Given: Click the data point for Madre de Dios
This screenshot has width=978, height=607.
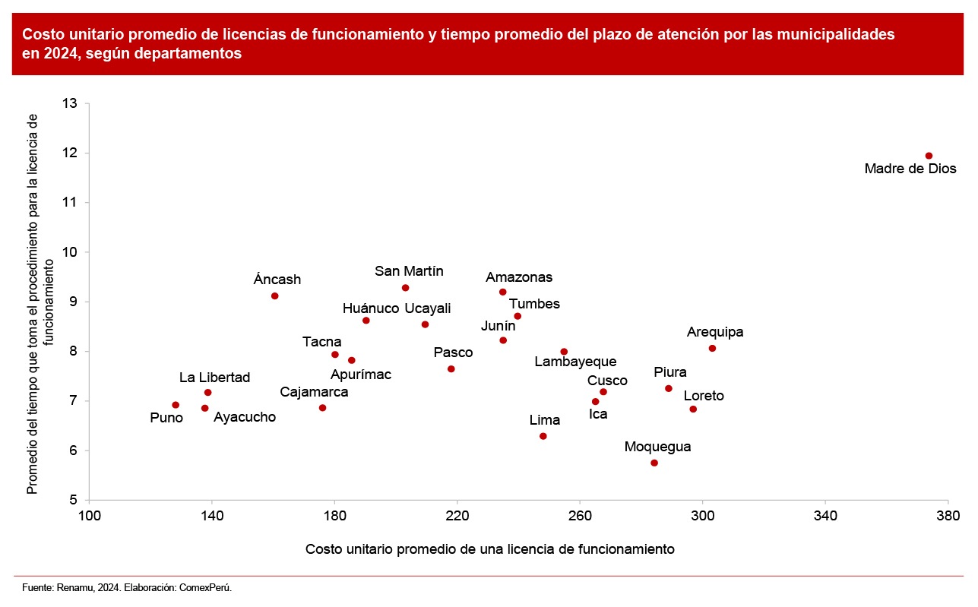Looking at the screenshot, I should click(x=929, y=156).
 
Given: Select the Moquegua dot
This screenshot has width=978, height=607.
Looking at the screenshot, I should click(x=654, y=463).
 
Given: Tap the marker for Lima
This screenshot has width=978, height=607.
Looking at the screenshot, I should click(x=543, y=436).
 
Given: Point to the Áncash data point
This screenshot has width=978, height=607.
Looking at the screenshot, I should click(x=275, y=296).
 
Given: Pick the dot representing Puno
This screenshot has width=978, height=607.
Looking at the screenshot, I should click(x=176, y=405).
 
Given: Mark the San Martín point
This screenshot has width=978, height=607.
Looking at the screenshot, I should click(x=406, y=288).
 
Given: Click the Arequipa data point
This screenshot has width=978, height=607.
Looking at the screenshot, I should click(x=712, y=348).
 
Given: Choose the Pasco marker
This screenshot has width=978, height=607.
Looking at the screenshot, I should click(x=451, y=369).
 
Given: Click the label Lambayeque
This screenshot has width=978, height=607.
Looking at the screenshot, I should click(x=575, y=362).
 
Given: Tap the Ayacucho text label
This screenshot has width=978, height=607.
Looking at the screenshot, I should click(x=245, y=417).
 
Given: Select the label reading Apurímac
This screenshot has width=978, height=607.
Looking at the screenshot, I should click(x=361, y=374).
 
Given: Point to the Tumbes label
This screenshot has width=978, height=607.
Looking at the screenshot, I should click(x=534, y=304).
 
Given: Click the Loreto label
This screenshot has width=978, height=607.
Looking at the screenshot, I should click(x=704, y=396).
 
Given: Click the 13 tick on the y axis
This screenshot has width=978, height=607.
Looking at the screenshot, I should click(x=71, y=103).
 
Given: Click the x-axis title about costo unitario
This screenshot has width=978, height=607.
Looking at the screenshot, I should click(x=489, y=549).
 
